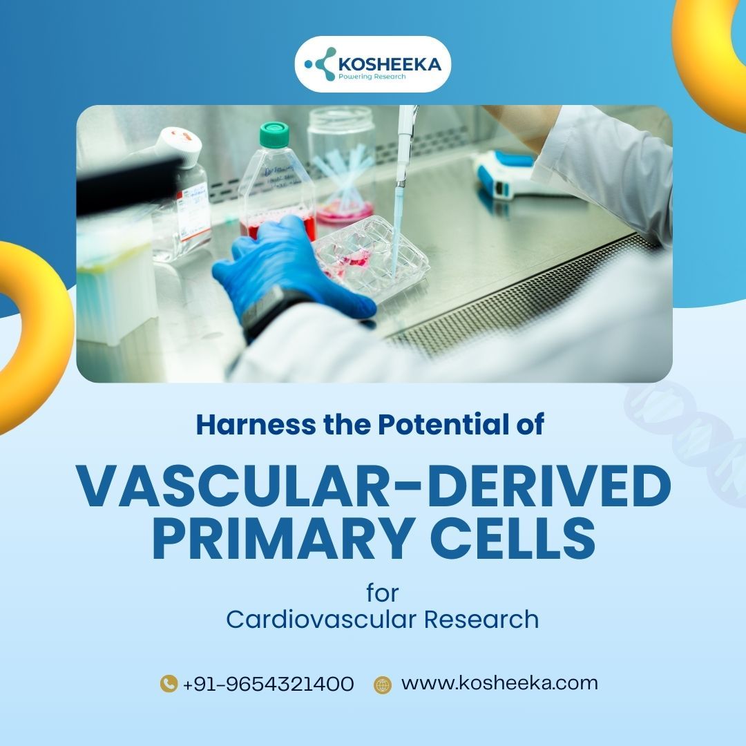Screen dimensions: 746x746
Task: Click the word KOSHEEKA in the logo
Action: click(x=390, y=64)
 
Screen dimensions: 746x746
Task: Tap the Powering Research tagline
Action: click(x=372, y=77)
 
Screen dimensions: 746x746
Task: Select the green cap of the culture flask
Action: click(x=274, y=134)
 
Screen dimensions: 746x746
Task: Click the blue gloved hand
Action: click(x=290, y=271)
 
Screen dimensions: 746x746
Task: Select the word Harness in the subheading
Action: click(x=256, y=424)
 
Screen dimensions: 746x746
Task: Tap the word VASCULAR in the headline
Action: click(x=233, y=486)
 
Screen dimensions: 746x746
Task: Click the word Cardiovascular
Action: click(x=321, y=620)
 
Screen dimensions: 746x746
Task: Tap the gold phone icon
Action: click(x=169, y=684)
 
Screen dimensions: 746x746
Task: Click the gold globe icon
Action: click(x=383, y=685)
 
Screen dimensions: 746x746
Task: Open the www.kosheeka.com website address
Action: click(x=499, y=683)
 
